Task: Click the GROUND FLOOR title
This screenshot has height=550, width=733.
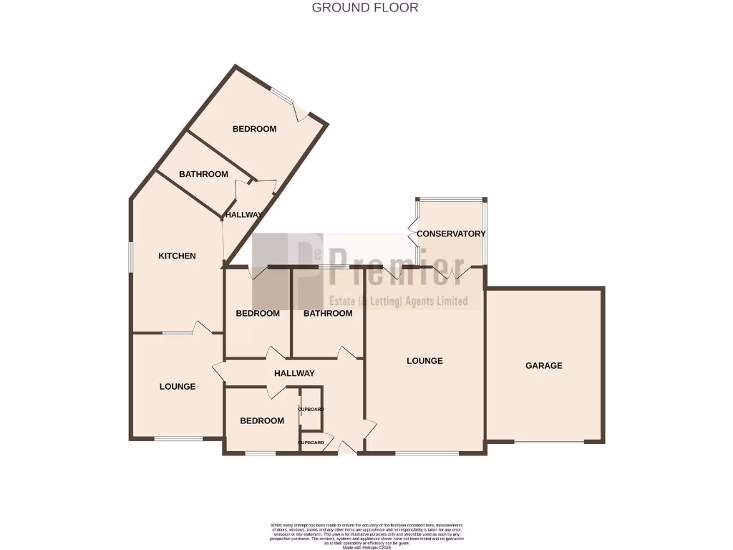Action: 365,8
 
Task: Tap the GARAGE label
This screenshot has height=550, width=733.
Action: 544,365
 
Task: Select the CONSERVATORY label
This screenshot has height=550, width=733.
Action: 451,233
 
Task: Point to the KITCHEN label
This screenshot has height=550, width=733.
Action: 177,256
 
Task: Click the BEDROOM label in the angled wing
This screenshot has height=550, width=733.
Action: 254,129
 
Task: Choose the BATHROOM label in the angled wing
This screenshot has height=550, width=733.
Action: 203,174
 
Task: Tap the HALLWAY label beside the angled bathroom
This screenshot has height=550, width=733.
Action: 243,214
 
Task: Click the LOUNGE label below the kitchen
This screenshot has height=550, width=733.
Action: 177,386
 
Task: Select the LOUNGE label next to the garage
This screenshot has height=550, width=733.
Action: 424,360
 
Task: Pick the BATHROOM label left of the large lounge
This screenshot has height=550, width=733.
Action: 328,313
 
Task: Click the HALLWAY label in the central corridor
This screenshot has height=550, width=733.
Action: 294,373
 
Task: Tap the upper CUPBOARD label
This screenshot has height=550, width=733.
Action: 311,409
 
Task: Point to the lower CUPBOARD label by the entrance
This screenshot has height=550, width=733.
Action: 311,443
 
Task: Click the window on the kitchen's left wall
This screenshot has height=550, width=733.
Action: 130,256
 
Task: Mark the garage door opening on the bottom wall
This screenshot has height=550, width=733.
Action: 549,441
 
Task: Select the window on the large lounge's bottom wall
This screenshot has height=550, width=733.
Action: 427,453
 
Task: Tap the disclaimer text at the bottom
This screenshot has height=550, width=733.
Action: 366,536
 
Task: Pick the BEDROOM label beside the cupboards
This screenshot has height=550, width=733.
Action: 261,420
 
